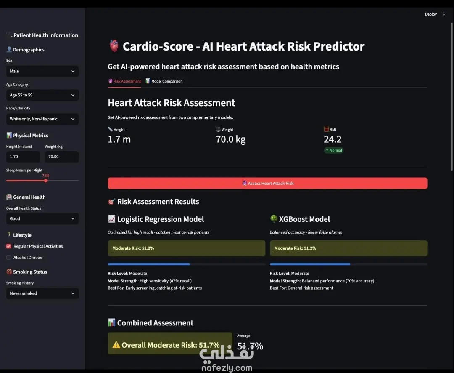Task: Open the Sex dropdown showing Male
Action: [x=42, y=71]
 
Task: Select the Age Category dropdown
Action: [x=42, y=95]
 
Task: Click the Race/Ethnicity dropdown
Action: [x=42, y=119]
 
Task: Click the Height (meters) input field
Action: [x=23, y=157]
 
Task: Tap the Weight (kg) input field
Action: [x=62, y=157]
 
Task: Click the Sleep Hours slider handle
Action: [x=46, y=181]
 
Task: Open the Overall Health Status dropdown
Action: [x=42, y=218]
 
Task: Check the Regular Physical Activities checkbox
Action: [x=9, y=246]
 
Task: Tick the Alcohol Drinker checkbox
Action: [x=9, y=258]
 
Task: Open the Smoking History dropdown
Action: [x=42, y=293]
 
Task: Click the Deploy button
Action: [x=431, y=14]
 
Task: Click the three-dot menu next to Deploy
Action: [x=444, y=14]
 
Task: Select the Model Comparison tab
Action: [x=164, y=81]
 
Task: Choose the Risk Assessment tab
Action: [x=124, y=81]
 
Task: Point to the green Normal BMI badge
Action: [x=333, y=150]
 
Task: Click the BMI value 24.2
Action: [x=333, y=139]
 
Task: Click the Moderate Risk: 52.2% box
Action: [x=187, y=248]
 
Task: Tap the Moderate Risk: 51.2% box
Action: [x=348, y=248]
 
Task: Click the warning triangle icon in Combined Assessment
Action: [x=116, y=345]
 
